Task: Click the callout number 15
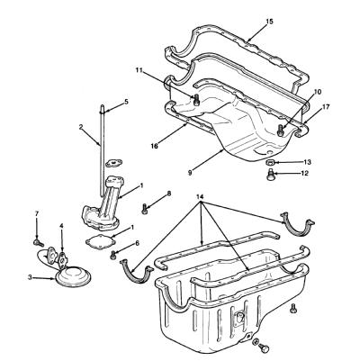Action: coord(269,22)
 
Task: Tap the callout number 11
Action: coord(139,69)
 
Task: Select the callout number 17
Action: coord(326,106)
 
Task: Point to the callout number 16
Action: coord(155,146)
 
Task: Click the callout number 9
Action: coord(190,173)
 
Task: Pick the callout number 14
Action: coord(200,197)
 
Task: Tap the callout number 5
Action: coord(126,102)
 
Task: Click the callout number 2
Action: coord(81,127)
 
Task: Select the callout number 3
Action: coord(30,277)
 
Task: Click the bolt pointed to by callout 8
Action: coord(144,209)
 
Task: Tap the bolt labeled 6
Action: coord(113,255)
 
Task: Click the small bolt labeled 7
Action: coord(38,242)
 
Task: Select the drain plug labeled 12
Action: coord(271,175)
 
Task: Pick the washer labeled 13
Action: coord(269,162)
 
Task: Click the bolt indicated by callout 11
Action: coord(196,100)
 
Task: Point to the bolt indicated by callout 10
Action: coord(280,131)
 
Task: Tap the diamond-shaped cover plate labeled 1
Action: coord(100,241)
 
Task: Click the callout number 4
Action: coord(61,225)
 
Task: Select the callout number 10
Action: coord(318,92)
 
